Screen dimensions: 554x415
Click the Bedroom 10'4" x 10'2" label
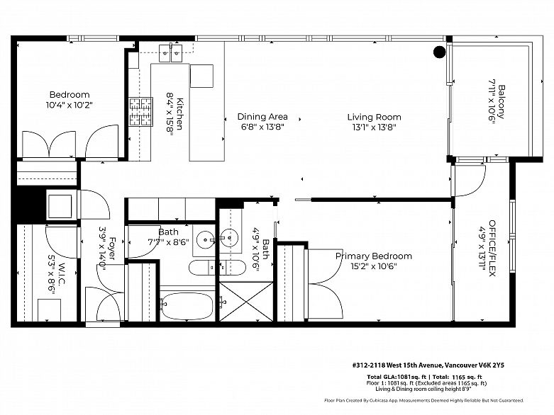click(70, 100)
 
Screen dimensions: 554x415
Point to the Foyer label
click(107, 249)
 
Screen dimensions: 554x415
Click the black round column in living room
click(440, 52)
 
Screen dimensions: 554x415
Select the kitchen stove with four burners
click(141, 111)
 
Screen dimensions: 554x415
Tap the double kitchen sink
click(170, 53)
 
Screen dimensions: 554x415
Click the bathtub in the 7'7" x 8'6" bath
click(187, 306)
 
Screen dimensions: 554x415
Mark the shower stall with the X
click(246, 302)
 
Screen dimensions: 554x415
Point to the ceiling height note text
click(423, 389)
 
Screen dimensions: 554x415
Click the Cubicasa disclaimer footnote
click(424, 400)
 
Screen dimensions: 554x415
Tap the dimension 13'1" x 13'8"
click(374, 127)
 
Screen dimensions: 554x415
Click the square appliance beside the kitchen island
click(201, 76)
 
